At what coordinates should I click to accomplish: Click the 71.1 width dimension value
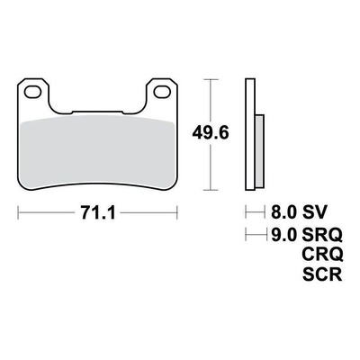(x=98, y=213)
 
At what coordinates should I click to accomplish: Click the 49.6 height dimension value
(x=211, y=132)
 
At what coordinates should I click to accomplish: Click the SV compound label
(x=313, y=212)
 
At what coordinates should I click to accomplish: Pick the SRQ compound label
(x=322, y=235)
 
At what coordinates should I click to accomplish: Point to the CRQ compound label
(x=322, y=255)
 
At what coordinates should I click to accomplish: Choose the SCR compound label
(x=322, y=274)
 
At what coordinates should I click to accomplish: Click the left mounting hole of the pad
(x=32, y=92)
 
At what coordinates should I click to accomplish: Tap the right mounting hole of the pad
(x=162, y=92)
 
